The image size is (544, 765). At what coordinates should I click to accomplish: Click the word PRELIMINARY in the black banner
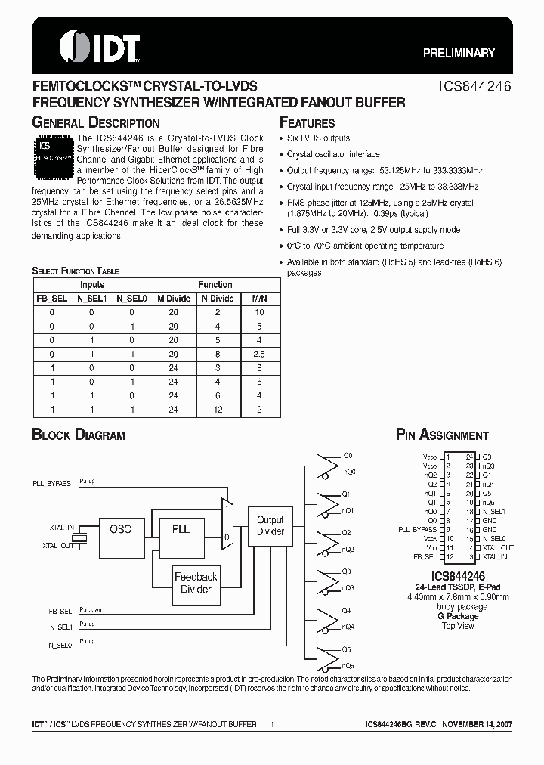point(459,53)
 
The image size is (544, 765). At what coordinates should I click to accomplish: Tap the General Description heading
point(95,122)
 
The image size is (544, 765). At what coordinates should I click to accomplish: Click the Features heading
point(308,123)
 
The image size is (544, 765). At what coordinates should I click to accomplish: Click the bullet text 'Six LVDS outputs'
point(318,138)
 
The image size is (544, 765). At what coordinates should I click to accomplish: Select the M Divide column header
point(174,299)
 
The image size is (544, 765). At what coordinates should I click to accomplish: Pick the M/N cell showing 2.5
point(258,353)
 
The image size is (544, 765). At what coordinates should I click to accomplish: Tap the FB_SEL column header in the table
point(52,299)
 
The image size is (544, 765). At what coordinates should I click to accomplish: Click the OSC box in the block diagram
point(121,529)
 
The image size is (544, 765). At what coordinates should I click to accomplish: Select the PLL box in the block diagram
point(181,529)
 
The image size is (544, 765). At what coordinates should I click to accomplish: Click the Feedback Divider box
point(196,583)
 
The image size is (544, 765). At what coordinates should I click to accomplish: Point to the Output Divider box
point(270,526)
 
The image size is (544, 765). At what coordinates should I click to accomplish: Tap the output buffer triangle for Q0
point(326,464)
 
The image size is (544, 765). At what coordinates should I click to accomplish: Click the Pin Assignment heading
point(442,435)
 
